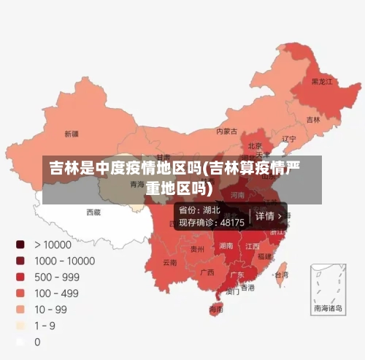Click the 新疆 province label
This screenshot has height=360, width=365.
pos(71,134)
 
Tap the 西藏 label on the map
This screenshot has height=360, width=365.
pos(93,212)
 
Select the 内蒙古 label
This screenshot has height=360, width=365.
pos(226,131)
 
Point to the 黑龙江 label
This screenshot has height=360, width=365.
pos(322,81)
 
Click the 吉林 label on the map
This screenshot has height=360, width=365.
pos(312,119)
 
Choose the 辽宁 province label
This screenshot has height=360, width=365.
pos(289,138)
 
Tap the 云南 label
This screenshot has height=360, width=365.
pos(169,262)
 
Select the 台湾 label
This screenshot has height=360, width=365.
pos(281,275)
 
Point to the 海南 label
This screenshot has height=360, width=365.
pos(216,309)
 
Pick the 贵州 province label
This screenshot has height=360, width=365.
pos(197,249)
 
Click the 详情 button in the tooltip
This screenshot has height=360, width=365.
pos(267,216)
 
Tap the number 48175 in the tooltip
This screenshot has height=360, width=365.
pos(232,222)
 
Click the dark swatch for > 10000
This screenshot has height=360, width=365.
pos(20,245)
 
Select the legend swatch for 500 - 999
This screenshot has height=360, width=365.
pos(20,277)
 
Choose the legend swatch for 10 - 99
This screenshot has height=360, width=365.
pos(20,309)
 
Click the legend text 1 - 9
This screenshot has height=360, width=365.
pos(45,325)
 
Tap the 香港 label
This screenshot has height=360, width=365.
pos(248,287)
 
